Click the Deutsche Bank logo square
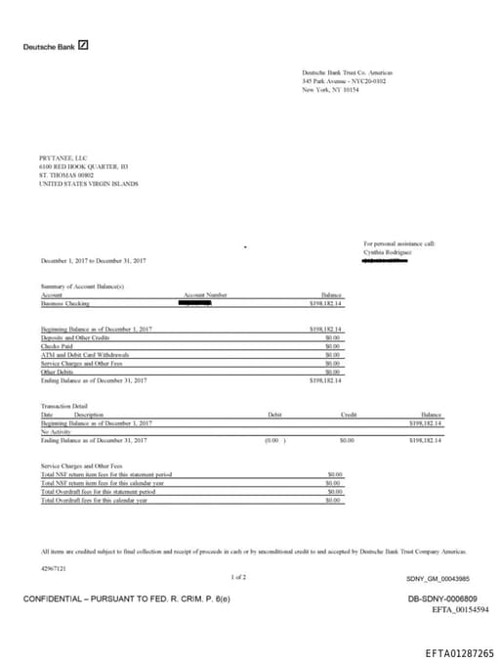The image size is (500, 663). (83, 45)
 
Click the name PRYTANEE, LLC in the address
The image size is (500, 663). (63, 158)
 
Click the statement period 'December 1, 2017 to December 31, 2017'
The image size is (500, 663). (94, 261)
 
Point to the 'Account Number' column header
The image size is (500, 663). (205, 294)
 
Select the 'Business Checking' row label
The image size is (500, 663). (64, 304)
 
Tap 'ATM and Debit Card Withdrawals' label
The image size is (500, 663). (85, 355)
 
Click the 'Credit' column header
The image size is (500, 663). (348, 415)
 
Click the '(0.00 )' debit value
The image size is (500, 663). (275, 441)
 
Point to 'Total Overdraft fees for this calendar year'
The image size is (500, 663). (94, 500)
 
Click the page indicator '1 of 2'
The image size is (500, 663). (238, 577)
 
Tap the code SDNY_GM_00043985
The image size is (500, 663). (437, 578)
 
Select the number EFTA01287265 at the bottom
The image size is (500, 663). (459, 652)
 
